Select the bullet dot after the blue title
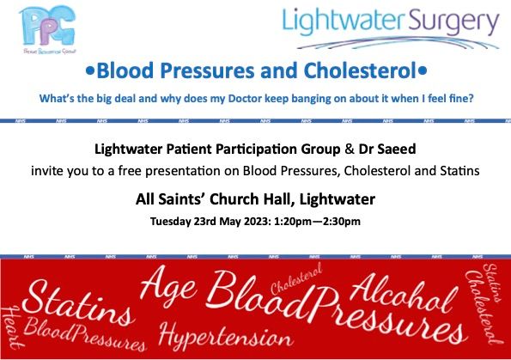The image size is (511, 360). (422, 70)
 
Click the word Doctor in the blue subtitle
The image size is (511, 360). (265, 98)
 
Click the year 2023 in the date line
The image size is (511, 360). (250, 222)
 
